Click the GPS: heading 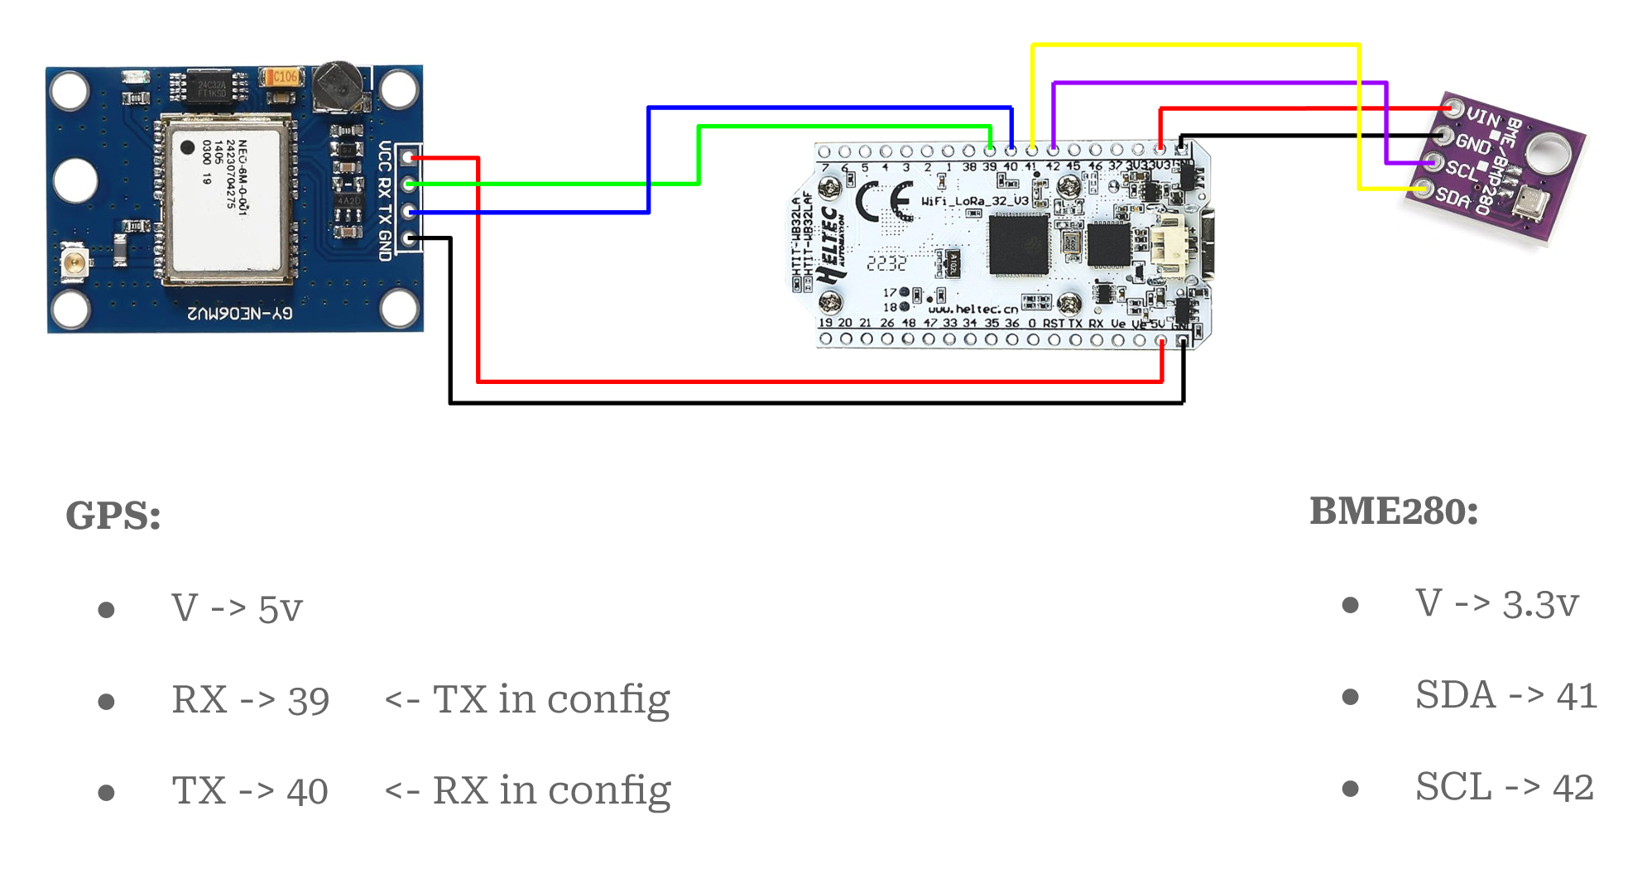(x=113, y=516)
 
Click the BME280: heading (x=1394, y=511)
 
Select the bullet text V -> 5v (x=237, y=609)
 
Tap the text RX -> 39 (x=250, y=700)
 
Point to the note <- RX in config (x=527, y=791)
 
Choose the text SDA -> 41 (x=1505, y=695)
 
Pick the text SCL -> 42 (x=1504, y=787)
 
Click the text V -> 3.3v (x=1496, y=604)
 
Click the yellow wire (x=1195, y=46)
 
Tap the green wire (x=844, y=127)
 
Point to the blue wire (x=828, y=108)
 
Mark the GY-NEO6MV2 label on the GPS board (x=239, y=314)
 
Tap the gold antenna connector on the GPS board (x=74, y=264)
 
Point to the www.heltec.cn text (x=973, y=309)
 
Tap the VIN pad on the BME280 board (x=1453, y=108)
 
